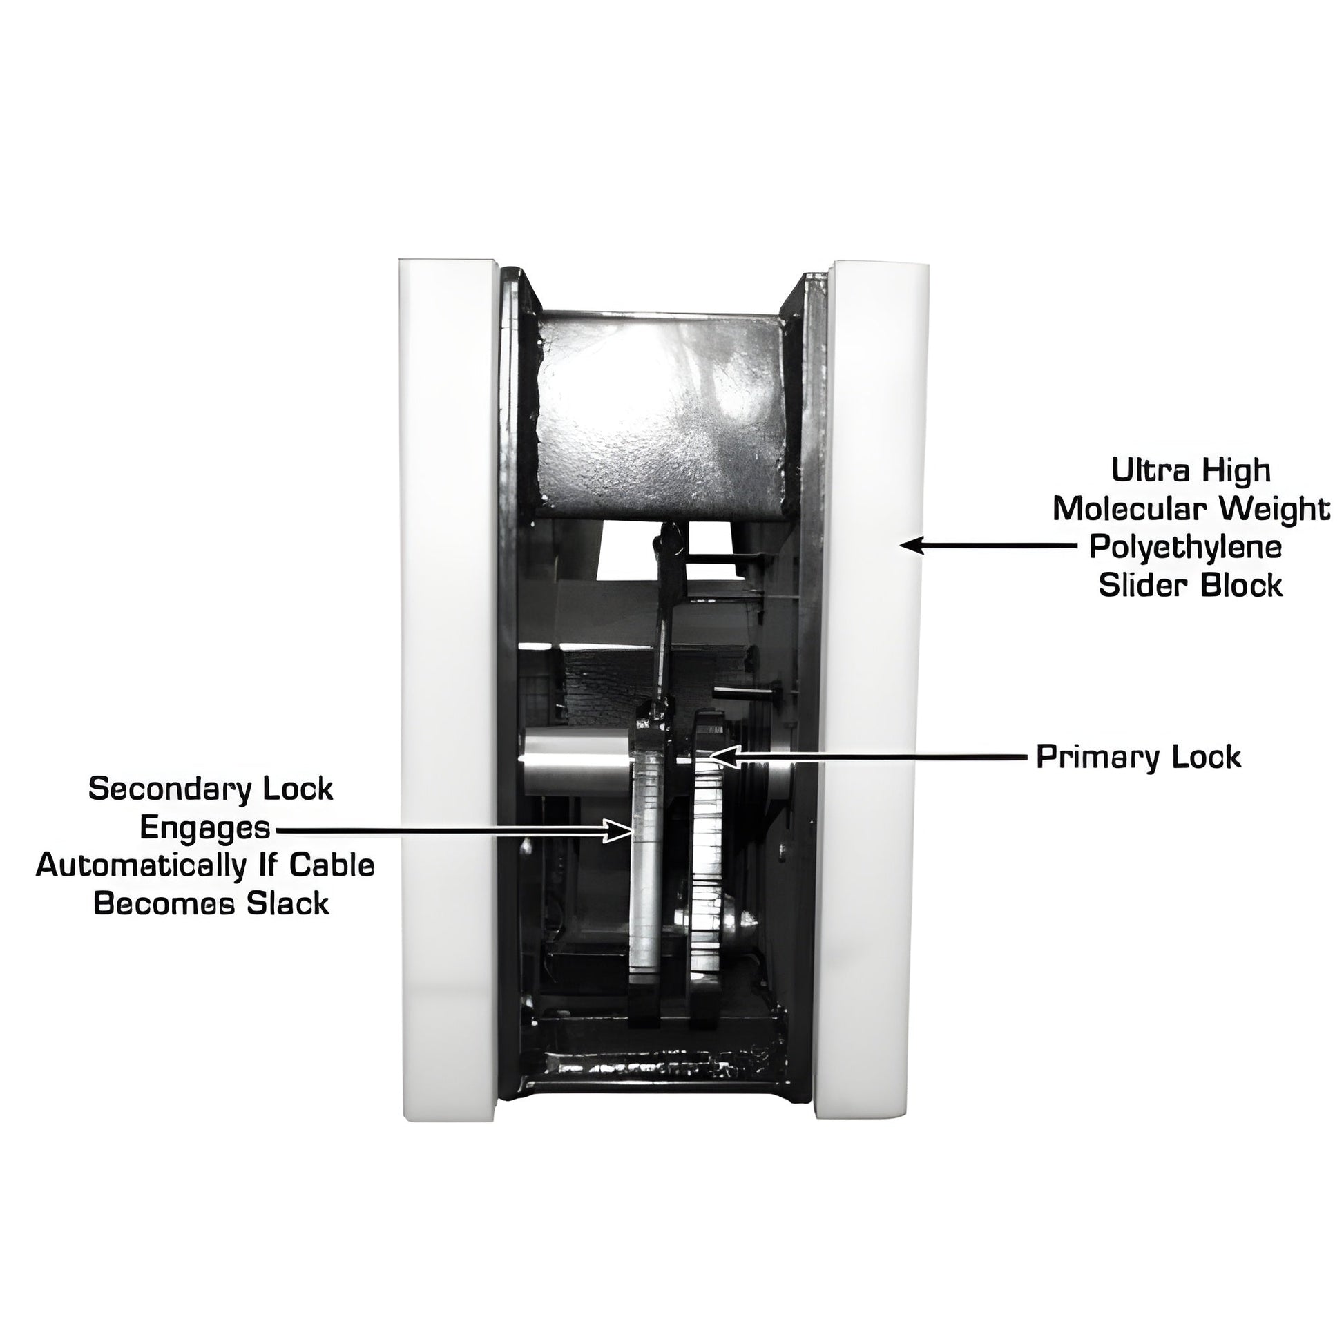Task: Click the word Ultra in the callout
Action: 1144,470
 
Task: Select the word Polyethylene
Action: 1185,548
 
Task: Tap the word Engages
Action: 204,828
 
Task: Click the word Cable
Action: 332,865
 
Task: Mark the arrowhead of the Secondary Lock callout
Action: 620,830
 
